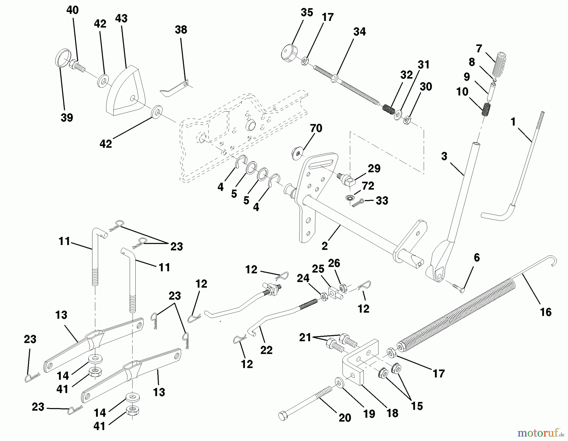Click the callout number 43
tap(121, 18)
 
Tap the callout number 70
tap(316, 128)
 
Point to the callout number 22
tap(266, 350)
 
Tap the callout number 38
tap(181, 30)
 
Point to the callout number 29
tap(374, 168)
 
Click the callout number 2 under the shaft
tap(325, 246)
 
